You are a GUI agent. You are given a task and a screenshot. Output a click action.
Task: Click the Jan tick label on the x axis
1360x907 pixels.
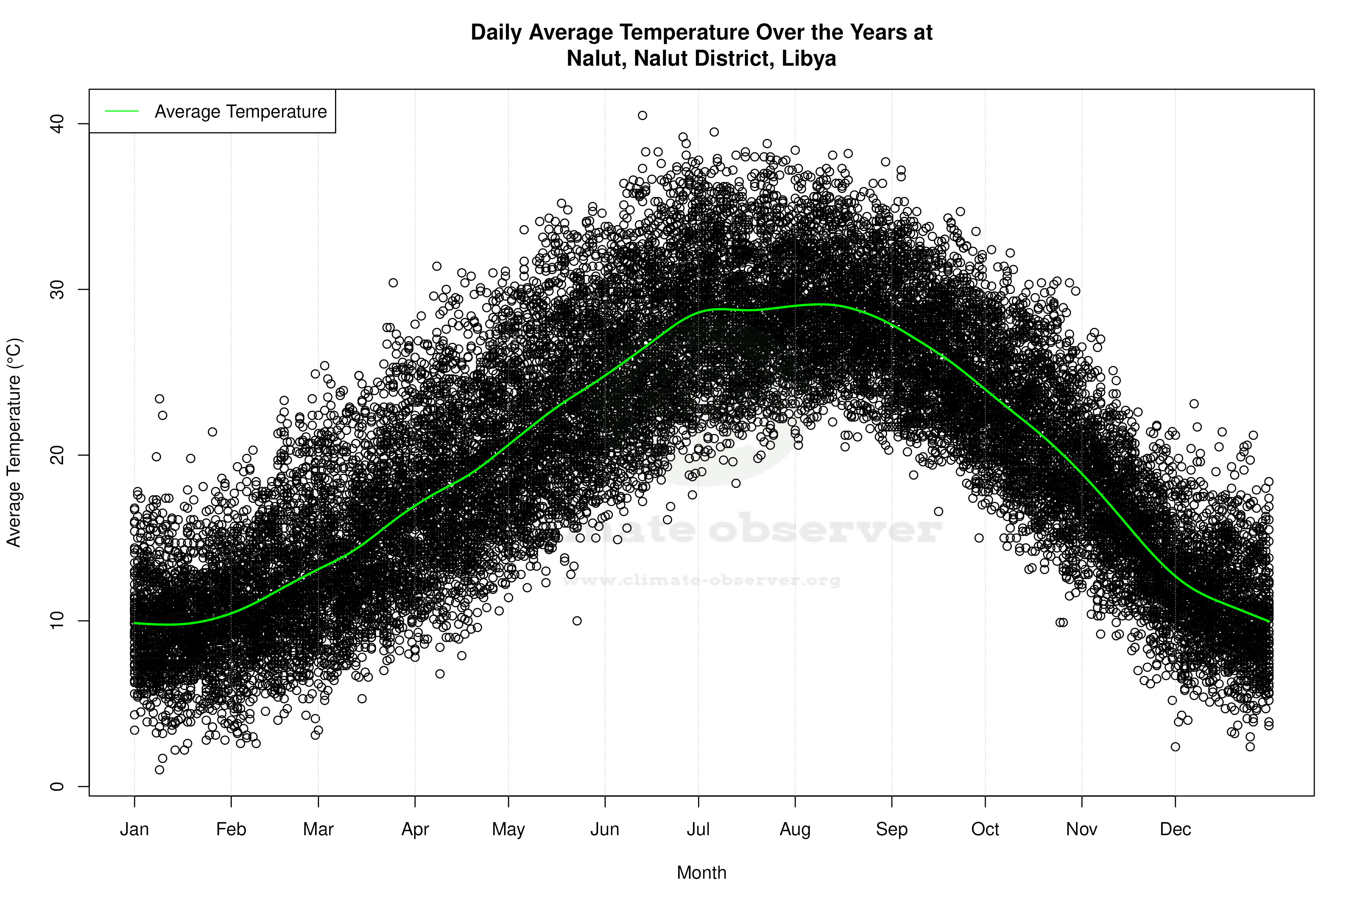134,829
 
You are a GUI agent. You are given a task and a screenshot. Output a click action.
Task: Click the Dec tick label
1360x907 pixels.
1175,829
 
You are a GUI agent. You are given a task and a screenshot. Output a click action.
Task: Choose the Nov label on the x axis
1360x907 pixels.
1081,829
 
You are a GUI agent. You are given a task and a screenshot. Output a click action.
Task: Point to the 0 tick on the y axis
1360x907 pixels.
57,786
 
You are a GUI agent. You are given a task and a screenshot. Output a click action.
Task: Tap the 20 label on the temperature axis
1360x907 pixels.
57,455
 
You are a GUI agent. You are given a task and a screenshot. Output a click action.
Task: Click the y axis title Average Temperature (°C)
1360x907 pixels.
14,443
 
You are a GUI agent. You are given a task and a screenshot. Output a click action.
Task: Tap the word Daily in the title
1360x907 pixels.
496,32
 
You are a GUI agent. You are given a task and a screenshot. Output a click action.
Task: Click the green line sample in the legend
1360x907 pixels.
122,111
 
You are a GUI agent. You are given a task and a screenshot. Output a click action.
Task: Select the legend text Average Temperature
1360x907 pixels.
240,111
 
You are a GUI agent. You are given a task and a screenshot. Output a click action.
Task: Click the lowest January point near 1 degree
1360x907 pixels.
160,770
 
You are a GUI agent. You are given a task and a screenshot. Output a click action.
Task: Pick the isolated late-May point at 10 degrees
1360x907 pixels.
577,621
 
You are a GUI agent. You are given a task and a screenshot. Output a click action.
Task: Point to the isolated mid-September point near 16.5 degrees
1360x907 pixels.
939,511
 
